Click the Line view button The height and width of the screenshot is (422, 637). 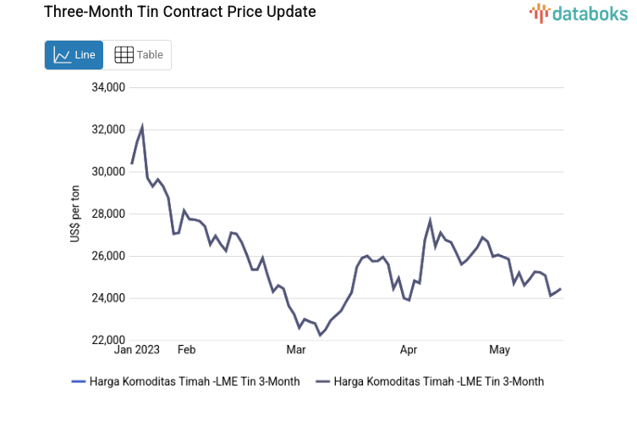coord(74,55)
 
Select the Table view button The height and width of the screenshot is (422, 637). coord(138,55)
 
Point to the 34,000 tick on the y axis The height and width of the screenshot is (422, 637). coord(107,87)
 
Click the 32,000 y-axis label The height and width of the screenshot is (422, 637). coord(107,130)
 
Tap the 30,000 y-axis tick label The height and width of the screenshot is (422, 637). coord(107,172)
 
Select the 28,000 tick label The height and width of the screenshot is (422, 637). coord(107,214)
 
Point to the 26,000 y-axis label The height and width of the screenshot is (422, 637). coord(107,256)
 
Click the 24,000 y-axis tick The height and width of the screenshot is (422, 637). coord(107,298)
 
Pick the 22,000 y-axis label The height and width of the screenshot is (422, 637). coord(107,340)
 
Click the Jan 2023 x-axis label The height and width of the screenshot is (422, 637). coord(136,350)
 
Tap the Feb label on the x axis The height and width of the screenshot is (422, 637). coord(186,350)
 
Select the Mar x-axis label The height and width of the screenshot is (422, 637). coord(296,350)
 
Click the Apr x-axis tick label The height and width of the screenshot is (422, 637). coord(409,350)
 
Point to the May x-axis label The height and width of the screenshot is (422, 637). coord(500,350)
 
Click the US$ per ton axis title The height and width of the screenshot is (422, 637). coord(75,214)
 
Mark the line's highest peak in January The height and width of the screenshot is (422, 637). coord(142,126)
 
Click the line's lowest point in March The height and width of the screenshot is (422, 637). coord(320,336)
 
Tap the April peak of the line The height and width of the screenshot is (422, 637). coord(431,220)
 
